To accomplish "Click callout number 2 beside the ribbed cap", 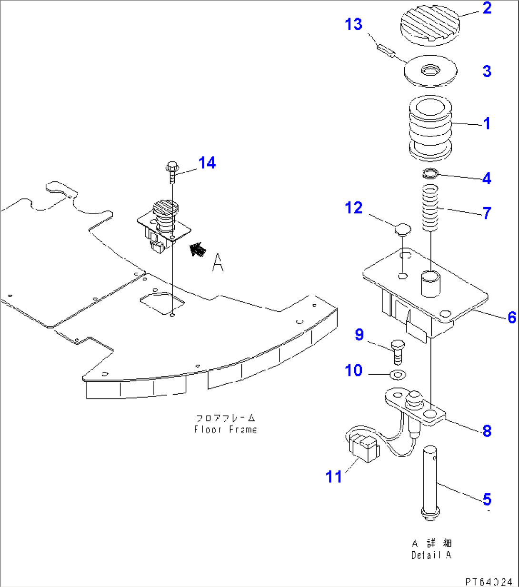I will [x=487, y=8].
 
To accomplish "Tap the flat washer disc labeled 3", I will [x=430, y=72].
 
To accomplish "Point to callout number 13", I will [x=354, y=24].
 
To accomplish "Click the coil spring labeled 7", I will [x=430, y=208].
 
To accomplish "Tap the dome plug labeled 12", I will [x=402, y=230].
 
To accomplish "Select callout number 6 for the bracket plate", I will [x=512, y=317].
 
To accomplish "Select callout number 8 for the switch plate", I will [x=487, y=431].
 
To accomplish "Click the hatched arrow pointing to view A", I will [x=197, y=249].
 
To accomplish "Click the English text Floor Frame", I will [x=225, y=429].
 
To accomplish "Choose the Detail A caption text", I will [x=431, y=555].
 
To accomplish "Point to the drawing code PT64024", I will [x=489, y=581].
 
